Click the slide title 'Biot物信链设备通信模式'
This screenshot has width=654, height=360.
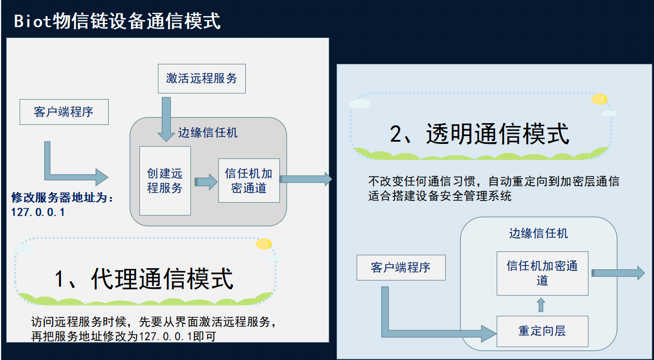[x=117, y=21]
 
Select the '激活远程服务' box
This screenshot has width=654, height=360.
[x=202, y=78]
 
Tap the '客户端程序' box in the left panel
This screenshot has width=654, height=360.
[x=63, y=112]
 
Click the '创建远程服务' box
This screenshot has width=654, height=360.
[x=165, y=181]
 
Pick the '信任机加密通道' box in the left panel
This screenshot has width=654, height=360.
[x=249, y=180]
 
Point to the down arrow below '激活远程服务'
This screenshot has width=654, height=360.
[x=166, y=119]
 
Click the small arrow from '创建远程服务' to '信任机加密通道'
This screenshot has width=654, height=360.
[x=205, y=181]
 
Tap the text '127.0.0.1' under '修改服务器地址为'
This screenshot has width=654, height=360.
[x=38, y=212]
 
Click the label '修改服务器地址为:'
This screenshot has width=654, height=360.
[x=62, y=198]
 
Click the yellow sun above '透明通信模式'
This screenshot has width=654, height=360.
[x=599, y=99]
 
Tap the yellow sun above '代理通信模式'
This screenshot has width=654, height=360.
[x=263, y=244]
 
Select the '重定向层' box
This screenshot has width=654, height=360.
[x=542, y=331]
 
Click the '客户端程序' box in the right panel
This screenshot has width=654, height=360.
[x=401, y=268]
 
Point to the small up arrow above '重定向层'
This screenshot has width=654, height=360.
[x=541, y=305]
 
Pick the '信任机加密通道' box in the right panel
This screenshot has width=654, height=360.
[x=542, y=273]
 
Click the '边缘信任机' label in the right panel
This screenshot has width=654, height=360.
[x=538, y=233]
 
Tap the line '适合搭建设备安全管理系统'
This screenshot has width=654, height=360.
[x=440, y=196]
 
